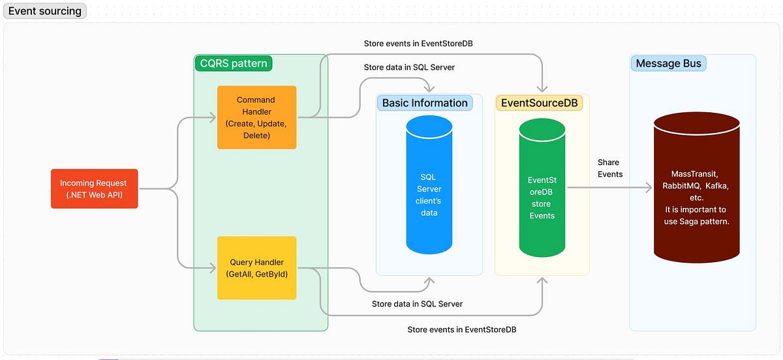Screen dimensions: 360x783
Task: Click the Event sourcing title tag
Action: pos(45,10)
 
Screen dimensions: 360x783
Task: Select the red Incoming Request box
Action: pos(94,188)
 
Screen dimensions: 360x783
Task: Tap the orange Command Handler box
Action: pos(256,117)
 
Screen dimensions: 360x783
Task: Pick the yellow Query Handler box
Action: pos(256,267)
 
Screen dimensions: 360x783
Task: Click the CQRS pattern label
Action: pos(233,63)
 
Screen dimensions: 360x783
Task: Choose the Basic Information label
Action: pos(425,102)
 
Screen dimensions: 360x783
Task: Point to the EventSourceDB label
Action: pos(539,102)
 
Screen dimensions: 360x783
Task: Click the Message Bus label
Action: pos(668,63)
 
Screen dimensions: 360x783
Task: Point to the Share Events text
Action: pos(610,168)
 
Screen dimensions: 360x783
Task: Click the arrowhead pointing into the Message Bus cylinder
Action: pos(649,188)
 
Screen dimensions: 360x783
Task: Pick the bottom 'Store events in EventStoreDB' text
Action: pos(461,330)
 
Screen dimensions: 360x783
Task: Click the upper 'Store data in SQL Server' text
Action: pos(409,67)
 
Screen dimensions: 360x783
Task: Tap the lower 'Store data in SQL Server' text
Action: pos(417,304)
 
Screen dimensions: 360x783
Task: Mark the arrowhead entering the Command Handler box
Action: pos(213,118)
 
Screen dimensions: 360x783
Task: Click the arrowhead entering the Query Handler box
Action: pos(213,267)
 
